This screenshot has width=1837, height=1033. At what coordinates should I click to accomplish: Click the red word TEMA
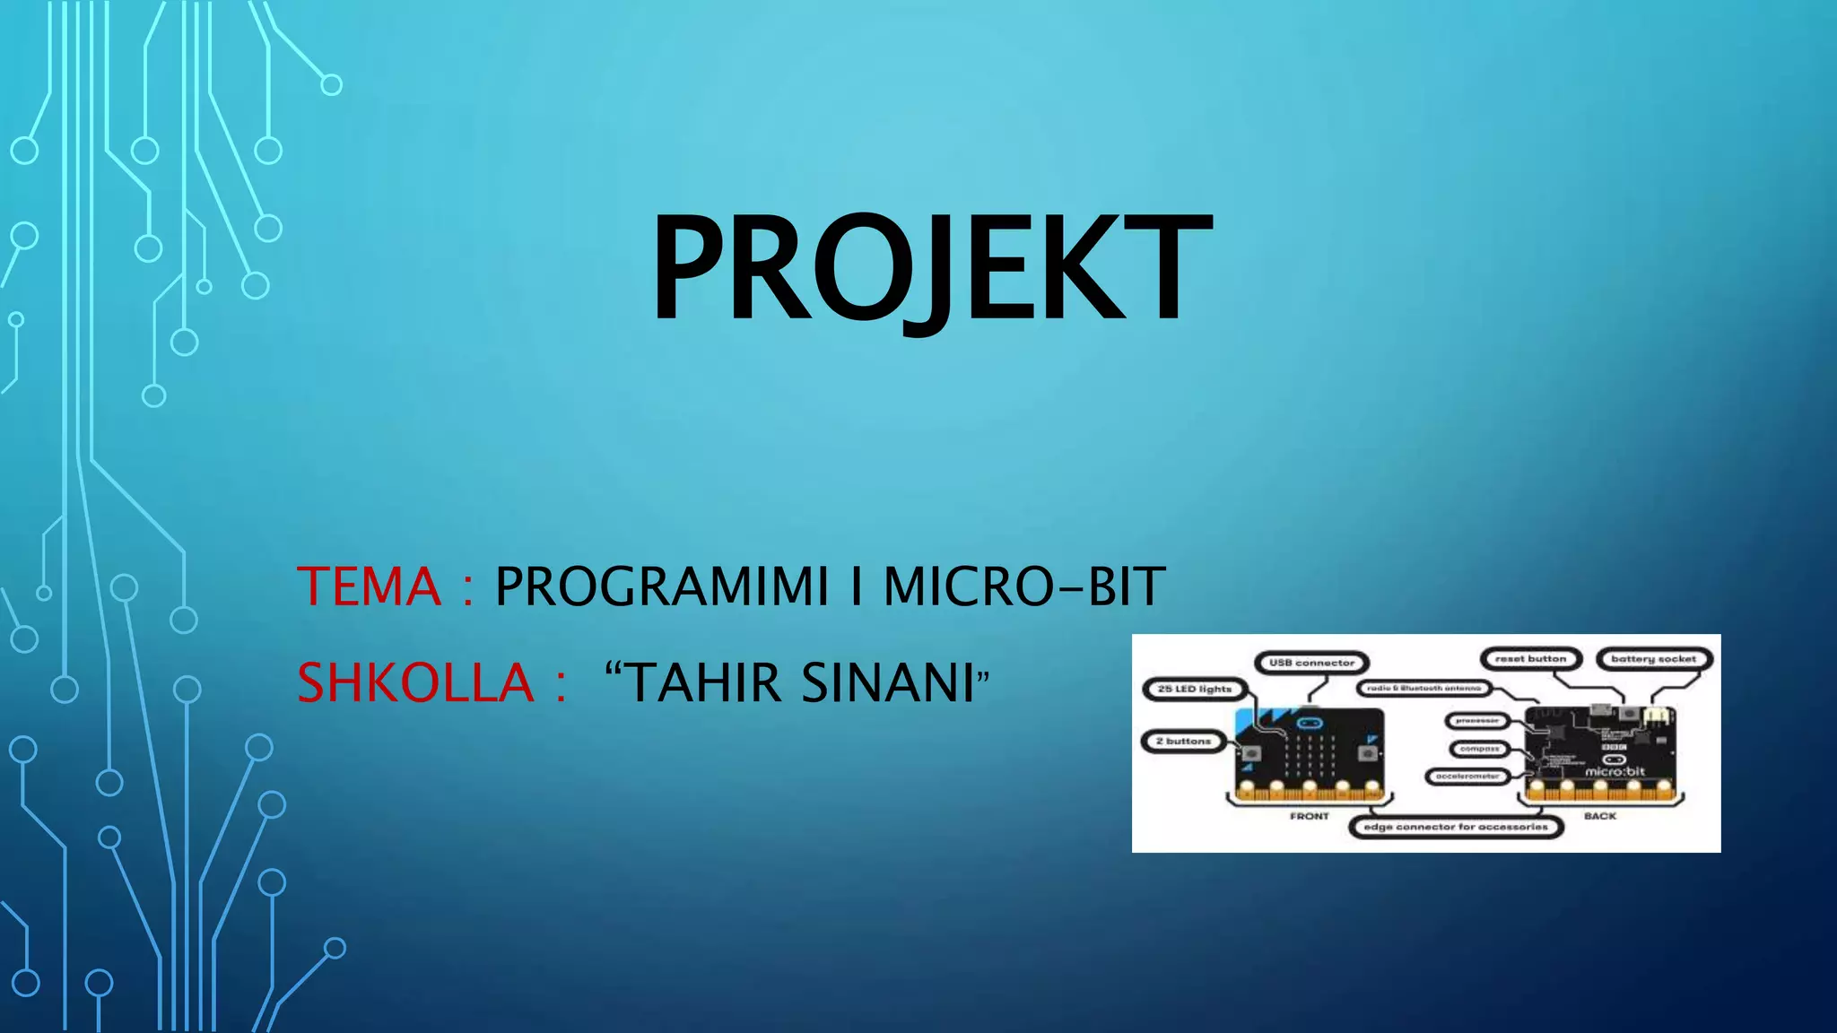369,587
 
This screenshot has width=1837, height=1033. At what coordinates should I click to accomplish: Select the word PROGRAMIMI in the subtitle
662,587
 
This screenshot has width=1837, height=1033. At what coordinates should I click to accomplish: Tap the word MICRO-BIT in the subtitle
1023,587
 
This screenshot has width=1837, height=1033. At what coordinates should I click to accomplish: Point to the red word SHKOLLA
415,683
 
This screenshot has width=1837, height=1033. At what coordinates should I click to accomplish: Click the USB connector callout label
1311,663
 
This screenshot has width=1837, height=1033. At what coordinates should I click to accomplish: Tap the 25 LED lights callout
1194,689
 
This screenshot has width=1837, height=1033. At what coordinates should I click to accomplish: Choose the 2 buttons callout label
1183,742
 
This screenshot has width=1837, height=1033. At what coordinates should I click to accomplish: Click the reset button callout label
1530,658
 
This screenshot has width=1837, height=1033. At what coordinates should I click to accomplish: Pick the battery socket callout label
1653,659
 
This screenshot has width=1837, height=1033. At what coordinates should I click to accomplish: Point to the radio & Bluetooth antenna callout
1423,688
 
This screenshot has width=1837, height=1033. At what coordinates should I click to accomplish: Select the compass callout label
1479,748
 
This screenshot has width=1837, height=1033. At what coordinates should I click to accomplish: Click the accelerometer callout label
1467,776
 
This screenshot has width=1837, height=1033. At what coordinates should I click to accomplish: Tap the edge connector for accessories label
1456,827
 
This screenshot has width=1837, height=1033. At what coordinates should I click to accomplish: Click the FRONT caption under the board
1310,816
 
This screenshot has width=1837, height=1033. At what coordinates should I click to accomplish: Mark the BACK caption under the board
1599,816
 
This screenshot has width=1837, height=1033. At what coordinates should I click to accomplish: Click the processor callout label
1477,720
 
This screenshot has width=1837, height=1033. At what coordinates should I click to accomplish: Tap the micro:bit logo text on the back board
1615,771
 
